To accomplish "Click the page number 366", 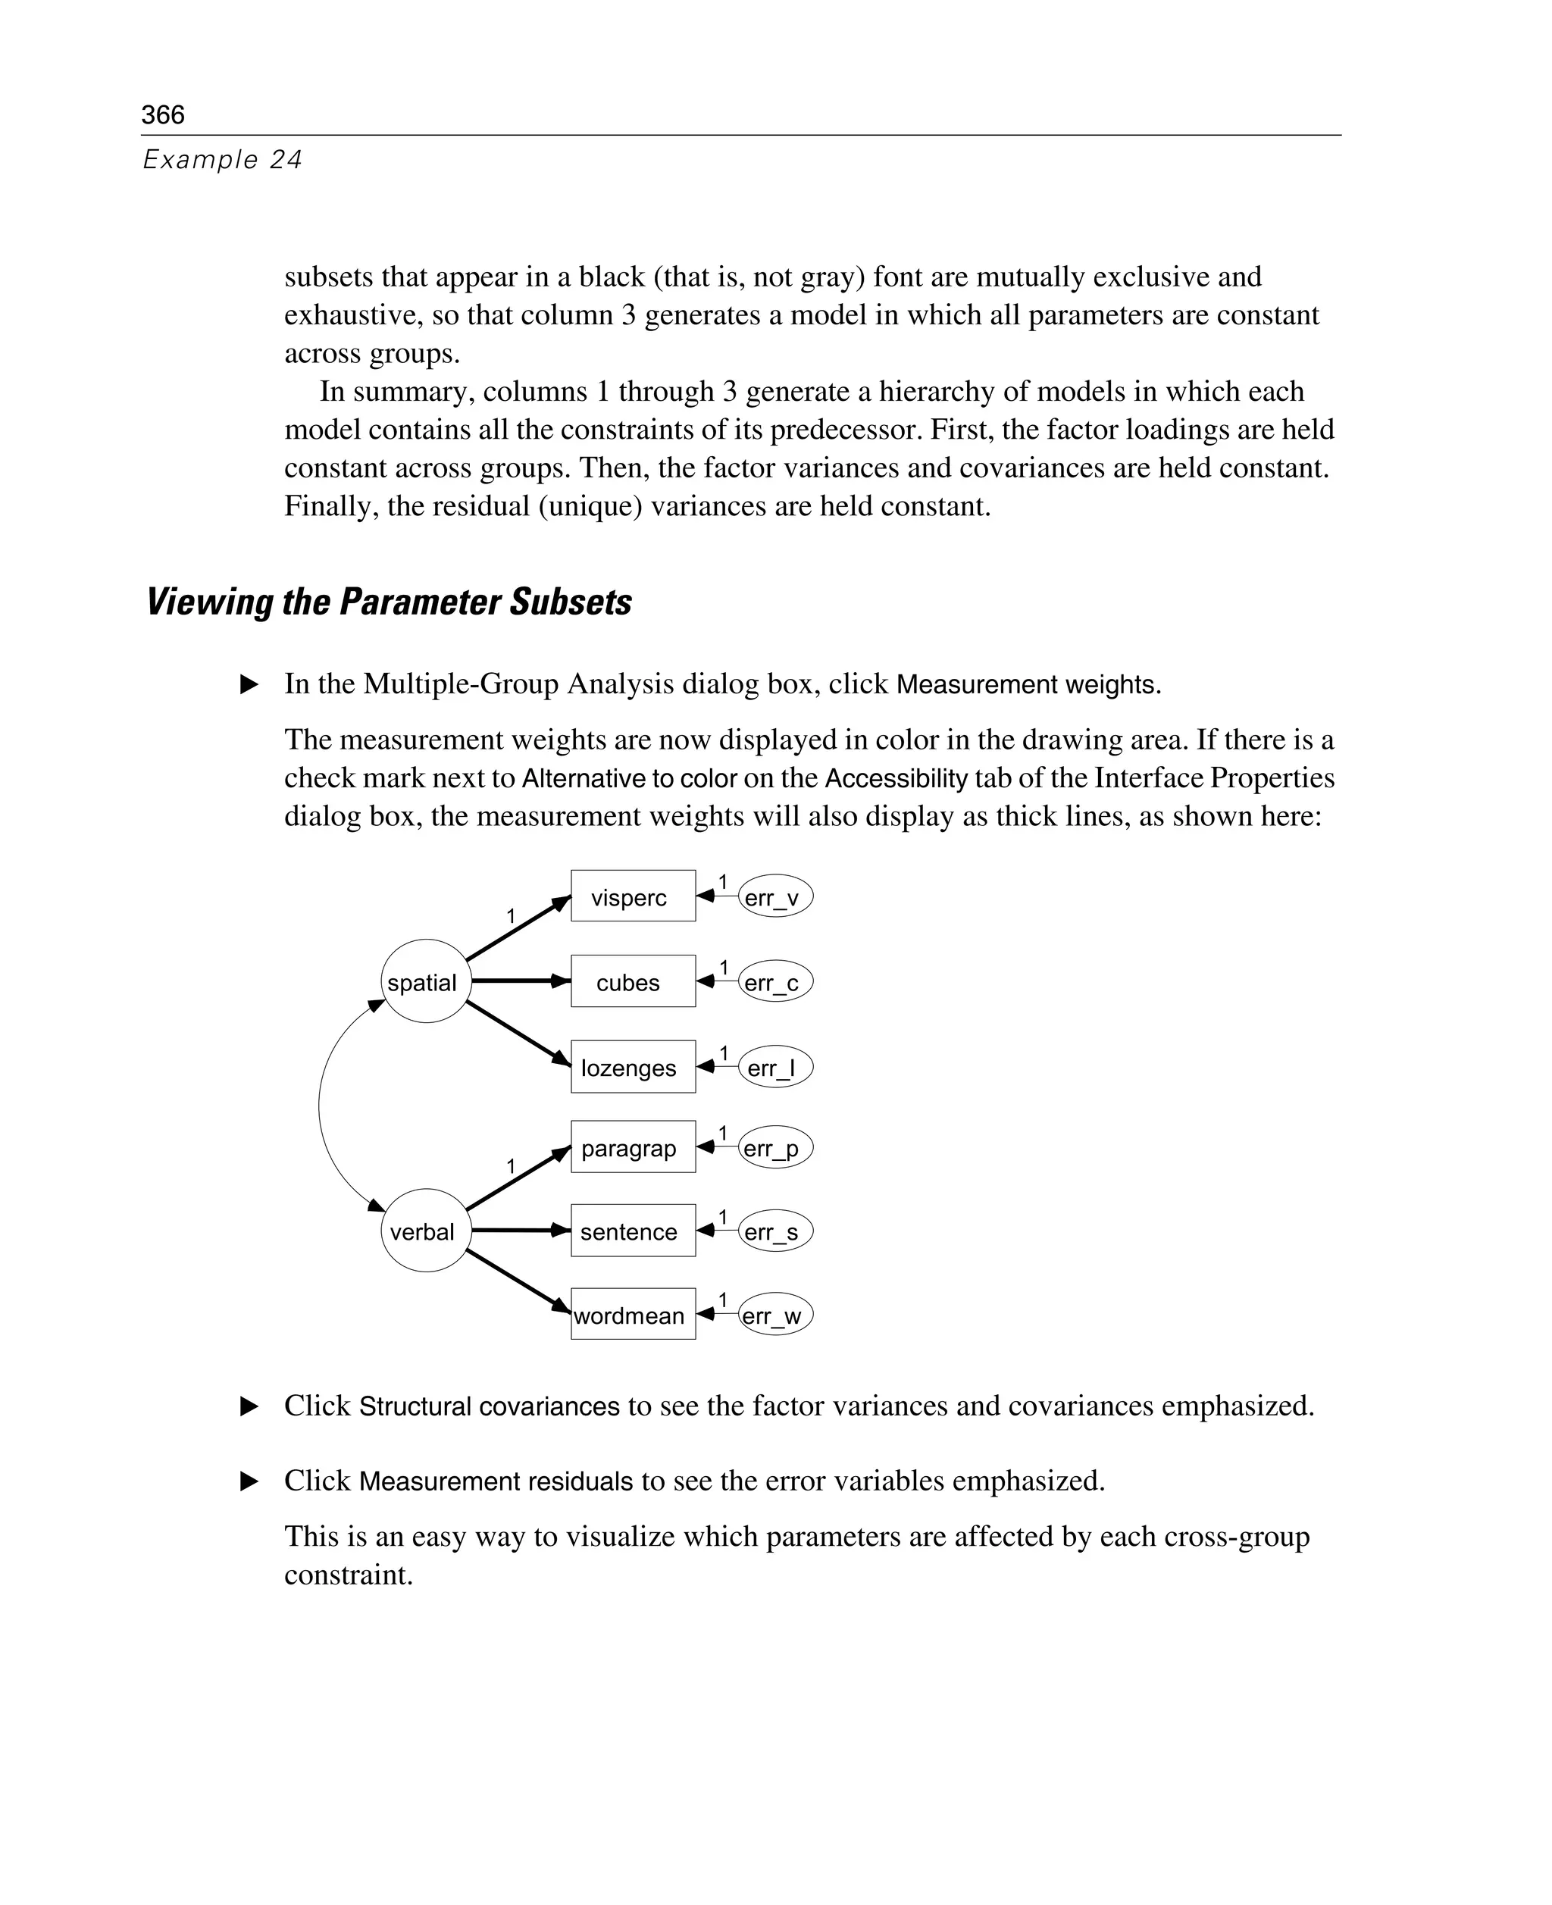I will [163, 114].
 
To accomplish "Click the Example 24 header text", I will [223, 160].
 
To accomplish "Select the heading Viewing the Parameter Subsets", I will [389, 602].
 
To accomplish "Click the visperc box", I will [632, 896].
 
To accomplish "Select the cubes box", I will [632, 981].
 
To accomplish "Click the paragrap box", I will [632, 1147].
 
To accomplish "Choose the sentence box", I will [632, 1231].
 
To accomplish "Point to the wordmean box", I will [632, 1315].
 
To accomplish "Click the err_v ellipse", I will [774, 896].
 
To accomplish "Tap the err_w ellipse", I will [774, 1315].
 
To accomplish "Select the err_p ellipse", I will [774, 1148].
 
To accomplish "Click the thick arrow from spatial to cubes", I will [518, 981].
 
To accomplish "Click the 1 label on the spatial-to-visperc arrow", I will [511, 916].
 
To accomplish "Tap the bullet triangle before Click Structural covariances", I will [249, 1407].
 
